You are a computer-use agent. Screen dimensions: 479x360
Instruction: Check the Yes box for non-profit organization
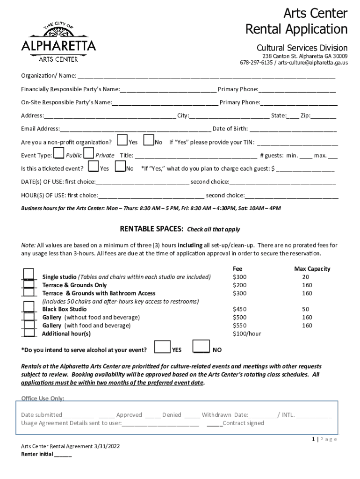pyautogui.click(x=122, y=140)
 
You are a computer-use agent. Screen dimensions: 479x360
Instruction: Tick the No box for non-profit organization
pyautogui.click(x=149, y=140)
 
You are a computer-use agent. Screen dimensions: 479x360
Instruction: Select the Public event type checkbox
pyautogui.click(x=59, y=153)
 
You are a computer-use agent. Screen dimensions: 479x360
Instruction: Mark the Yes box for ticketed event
pyautogui.click(x=93, y=167)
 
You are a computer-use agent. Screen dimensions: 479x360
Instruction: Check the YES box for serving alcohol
pyautogui.click(x=162, y=346)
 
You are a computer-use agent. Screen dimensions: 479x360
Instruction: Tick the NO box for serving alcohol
pyautogui.click(x=201, y=346)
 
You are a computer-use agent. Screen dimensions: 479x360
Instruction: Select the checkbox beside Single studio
pyautogui.click(x=29, y=275)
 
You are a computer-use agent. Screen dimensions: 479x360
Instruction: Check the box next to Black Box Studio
pyautogui.click(x=29, y=307)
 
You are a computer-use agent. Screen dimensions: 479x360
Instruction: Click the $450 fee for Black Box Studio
pyautogui.click(x=240, y=309)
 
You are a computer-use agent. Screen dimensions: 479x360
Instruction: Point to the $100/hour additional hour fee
pyautogui.click(x=247, y=334)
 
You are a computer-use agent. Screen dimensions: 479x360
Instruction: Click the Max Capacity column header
pyautogui.click(x=312, y=269)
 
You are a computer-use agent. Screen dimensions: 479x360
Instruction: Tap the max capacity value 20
pyautogui.click(x=306, y=277)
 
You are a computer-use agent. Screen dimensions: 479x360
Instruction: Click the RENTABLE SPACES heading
pyautogui.click(x=151, y=229)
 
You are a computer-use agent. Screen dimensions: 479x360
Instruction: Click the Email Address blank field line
pyautogui.click(x=135, y=129)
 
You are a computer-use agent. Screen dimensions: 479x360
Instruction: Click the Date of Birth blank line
pyautogui.click(x=293, y=129)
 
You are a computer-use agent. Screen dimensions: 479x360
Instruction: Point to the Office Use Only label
pyautogui.click(x=43, y=398)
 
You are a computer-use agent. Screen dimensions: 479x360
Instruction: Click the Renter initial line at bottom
pyautogui.click(x=63, y=455)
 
